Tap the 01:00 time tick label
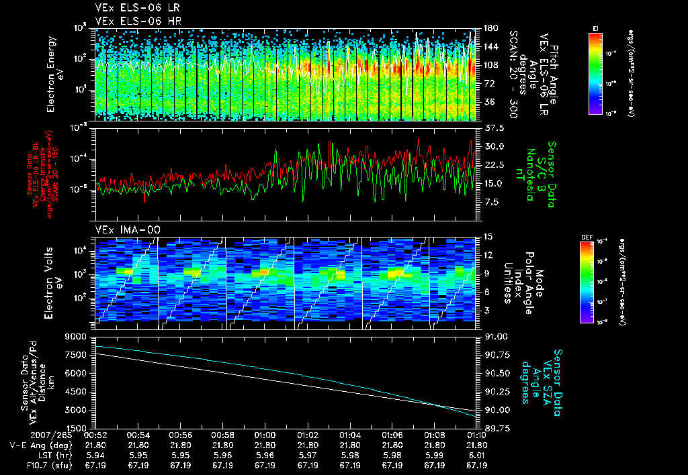(x=265, y=435)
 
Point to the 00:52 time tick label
(x=95, y=435)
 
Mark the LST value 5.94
(x=95, y=455)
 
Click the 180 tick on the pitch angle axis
(x=490, y=28)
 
